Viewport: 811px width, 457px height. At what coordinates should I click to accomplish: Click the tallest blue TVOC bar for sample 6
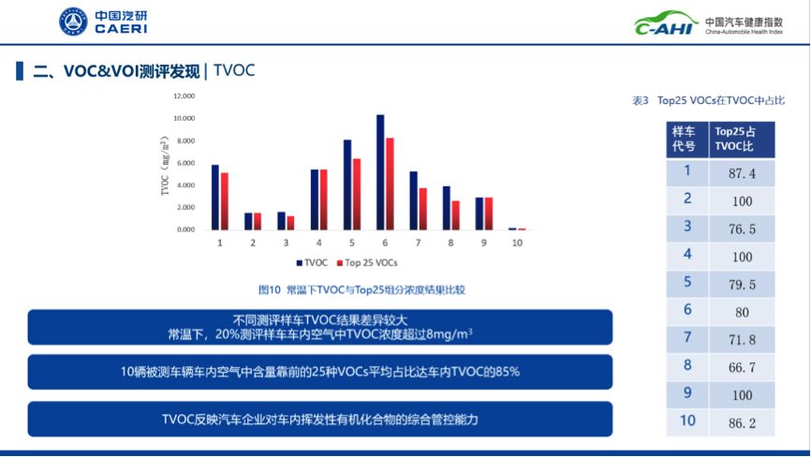(x=380, y=172)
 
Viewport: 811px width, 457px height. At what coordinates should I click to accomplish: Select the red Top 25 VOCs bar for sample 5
(x=357, y=195)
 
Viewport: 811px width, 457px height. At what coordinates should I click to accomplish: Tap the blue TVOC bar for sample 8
(x=447, y=208)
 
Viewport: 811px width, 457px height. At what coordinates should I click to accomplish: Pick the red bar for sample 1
(x=225, y=201)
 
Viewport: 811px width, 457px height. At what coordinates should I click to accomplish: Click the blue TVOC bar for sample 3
(x=281, y=221)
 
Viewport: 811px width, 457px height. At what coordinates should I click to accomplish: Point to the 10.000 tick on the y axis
(x=184, y=118)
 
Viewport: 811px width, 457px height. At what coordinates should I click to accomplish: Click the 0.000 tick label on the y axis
(x=185, y=229)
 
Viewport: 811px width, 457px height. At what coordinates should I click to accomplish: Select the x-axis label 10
(x=517, y=243)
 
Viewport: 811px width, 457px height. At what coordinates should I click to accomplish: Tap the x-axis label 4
(x=319, y=243)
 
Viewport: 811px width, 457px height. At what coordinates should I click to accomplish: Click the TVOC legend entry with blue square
(x=312, y=262)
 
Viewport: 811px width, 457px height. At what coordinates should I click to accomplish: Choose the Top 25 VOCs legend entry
(x=367, y=262)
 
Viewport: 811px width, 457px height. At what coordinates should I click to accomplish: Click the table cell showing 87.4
(x=742, y=173)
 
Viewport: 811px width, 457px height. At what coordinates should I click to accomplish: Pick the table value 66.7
(x=742, y=367)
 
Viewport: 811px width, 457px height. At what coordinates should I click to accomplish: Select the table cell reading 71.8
(x=742, y=340)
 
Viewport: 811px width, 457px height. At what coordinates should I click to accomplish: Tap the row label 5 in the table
(x=687, y=282)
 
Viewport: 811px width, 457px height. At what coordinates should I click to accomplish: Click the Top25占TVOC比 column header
(x=742, y=140)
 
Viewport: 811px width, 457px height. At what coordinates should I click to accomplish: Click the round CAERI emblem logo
(x=73, y=22)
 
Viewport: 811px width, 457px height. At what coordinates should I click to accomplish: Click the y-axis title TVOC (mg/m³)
(x=165, y=166)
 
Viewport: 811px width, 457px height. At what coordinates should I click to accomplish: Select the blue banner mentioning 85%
(x=320, y=372)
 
